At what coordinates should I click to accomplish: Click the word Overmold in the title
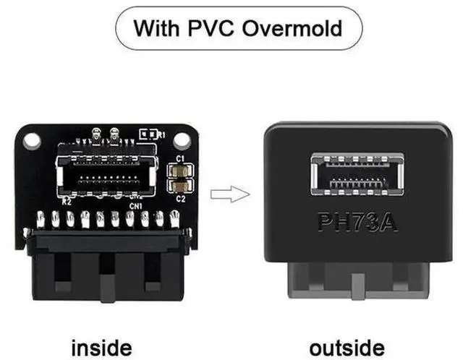[292, 28]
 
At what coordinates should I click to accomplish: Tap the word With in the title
[156, 28]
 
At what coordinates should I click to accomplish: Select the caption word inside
[101, 348]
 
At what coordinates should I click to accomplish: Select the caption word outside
[347, 348]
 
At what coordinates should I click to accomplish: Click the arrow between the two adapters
[230, 194]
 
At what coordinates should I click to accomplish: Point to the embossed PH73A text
[357, 222]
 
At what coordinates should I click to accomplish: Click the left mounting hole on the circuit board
[31, 141]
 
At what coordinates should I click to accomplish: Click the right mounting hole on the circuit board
[182, 141]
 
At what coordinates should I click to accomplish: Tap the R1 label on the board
[161, 135]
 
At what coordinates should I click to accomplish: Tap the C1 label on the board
[180, 159]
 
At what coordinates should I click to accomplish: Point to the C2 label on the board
[181, 199]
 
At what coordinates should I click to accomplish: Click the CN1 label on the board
[136, 206]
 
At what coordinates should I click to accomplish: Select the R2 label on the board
[67, 202]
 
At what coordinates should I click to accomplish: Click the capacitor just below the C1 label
[181, 171]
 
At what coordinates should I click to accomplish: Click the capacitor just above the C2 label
[181, 187]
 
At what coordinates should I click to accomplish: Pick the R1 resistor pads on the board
[148, 134]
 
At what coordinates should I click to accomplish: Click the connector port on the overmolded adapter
[357, 175]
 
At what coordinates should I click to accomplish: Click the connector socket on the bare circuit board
[106, 176]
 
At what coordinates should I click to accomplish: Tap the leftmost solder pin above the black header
[41, 220]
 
